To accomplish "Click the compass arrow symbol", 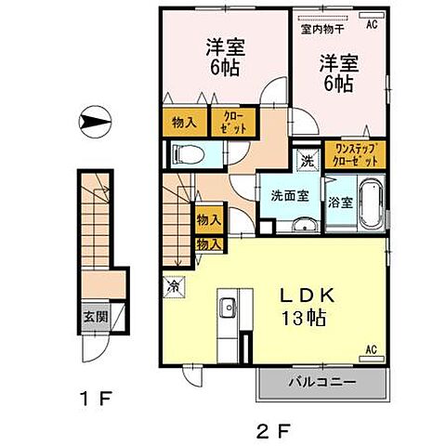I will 96,121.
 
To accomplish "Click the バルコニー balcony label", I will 321,381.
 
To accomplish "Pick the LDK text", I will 309,296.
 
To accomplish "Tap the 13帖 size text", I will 304,319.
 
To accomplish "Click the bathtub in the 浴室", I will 369,204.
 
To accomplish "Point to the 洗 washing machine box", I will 308,159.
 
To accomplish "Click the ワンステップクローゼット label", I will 355,154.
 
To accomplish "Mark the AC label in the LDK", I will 370,349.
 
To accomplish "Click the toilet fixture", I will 184,155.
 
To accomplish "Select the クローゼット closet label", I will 230,122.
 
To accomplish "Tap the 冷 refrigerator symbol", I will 174,288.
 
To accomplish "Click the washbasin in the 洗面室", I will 302,226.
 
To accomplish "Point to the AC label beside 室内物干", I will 372,25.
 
